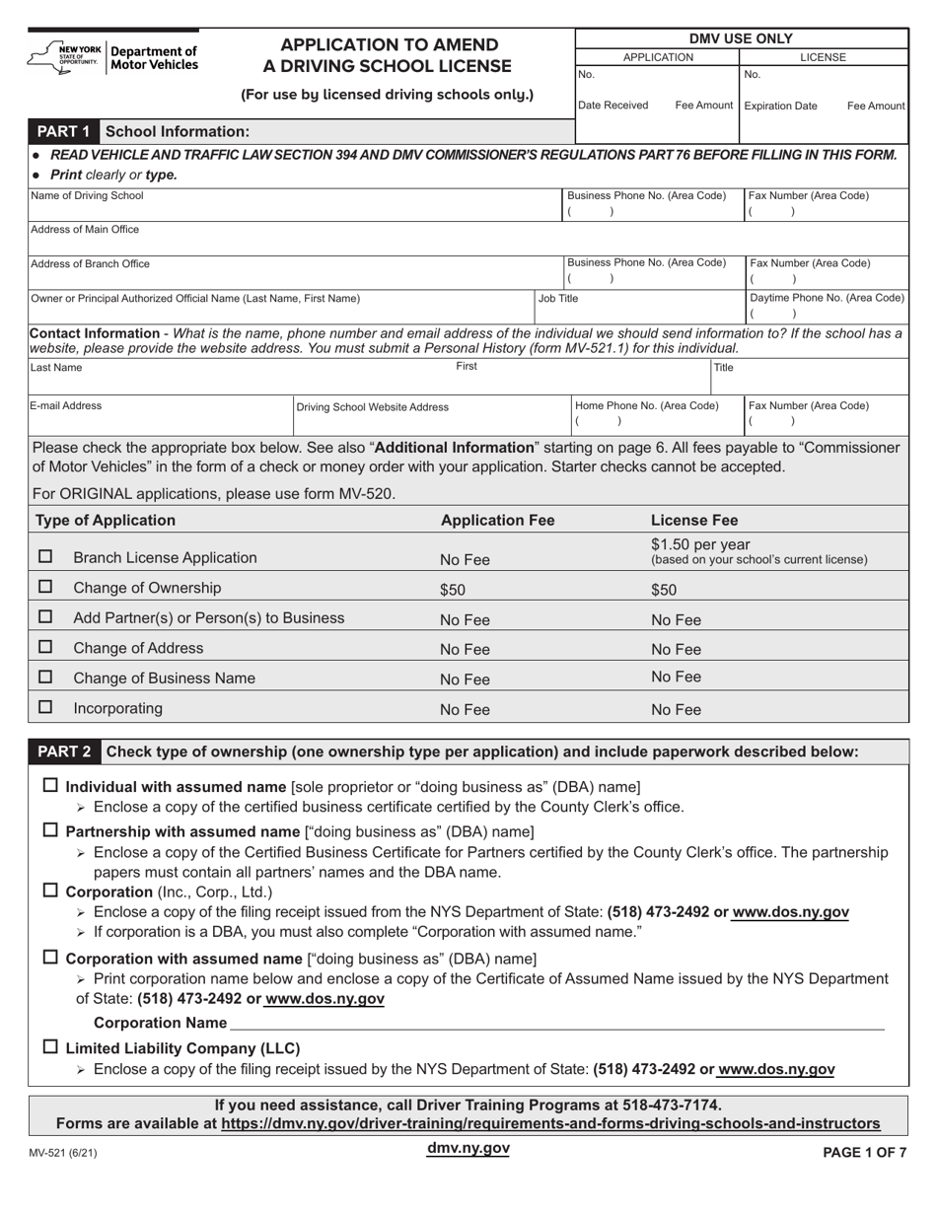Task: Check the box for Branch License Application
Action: coord(45,557)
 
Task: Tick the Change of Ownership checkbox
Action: coord(45,587)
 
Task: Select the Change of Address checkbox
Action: coord(45,647)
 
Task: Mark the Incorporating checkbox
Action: coord(45,707)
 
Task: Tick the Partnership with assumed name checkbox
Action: coord(51,830)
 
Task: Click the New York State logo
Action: coord(65,57)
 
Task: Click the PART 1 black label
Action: coord(64,131)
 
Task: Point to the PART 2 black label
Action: coord(64,751)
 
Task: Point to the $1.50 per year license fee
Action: coord(700,545)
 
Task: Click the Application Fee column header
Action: coord(497,520)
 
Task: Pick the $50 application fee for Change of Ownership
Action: coord(452,590)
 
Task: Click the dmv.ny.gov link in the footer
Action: coord(468,1148)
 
